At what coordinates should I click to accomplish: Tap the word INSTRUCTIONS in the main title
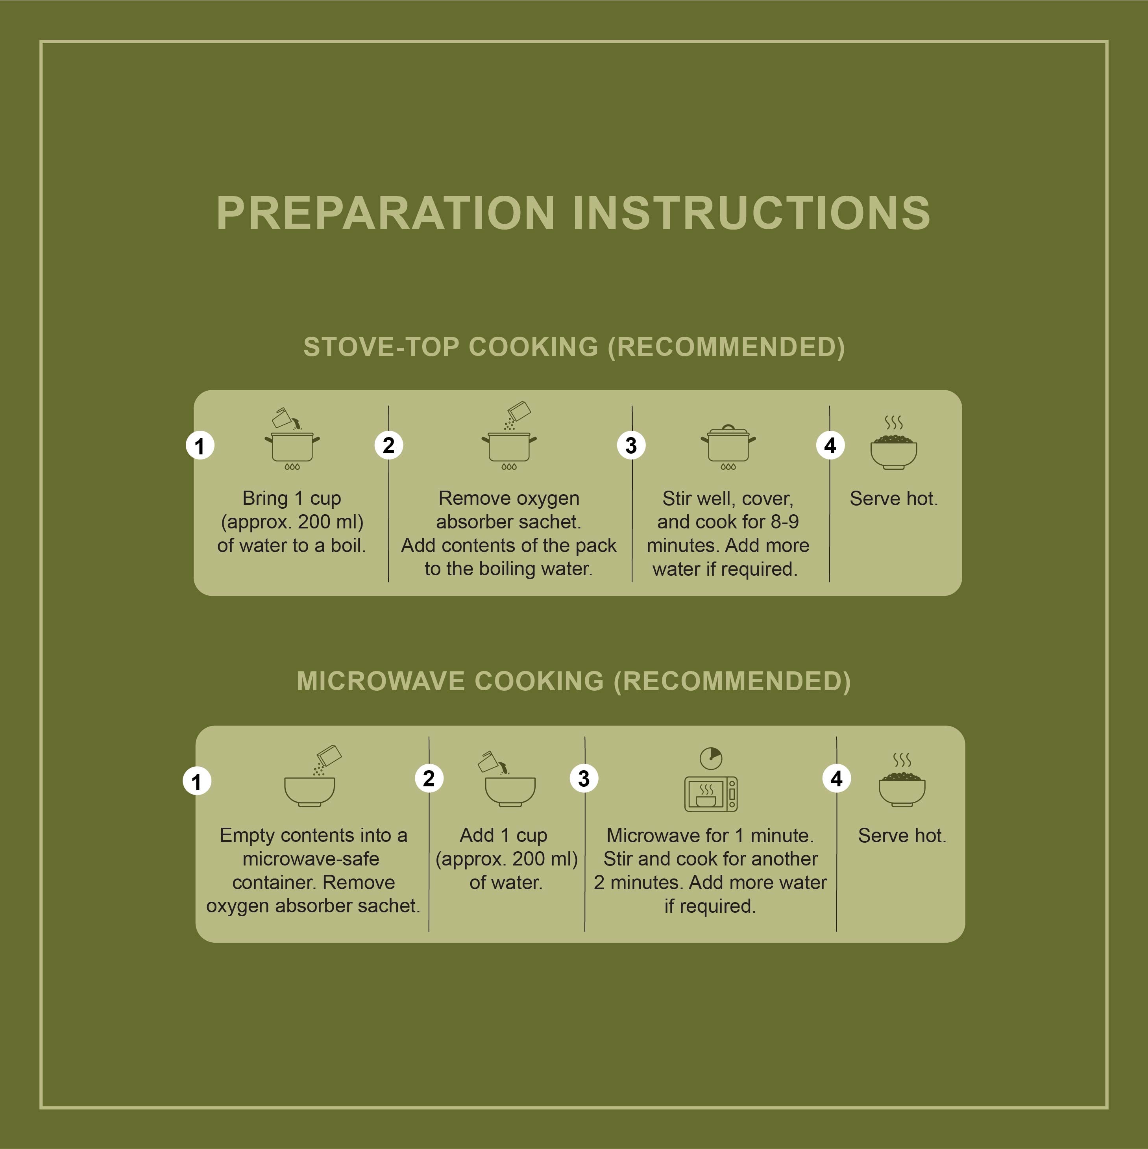pyautogui.click(x=751, y=213)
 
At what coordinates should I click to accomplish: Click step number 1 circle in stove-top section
pyautogui.click(x=200, y=445)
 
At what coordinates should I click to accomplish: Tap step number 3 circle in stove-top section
pyautogui.click(x=631, y=445)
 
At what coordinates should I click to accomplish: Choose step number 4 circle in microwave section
pyautogui.click(x=836, y=778)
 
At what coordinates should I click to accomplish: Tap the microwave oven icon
pyautogui.click(x=711, y=794)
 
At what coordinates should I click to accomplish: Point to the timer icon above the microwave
pyautogui.click(x=711, y=758)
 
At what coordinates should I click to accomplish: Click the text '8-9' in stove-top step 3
pyautogui.click(x=785, y=522)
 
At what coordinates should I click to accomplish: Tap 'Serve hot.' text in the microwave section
pyautogui.click(x=902, y=836)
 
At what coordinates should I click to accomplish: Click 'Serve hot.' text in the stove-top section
pyautogui.click(x=893, y=499)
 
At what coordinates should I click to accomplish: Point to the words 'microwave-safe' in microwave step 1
pyautogui.click(x=311, y=859)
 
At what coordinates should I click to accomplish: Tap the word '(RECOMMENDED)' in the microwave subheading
pyautogui.click(x=732, y=682)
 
